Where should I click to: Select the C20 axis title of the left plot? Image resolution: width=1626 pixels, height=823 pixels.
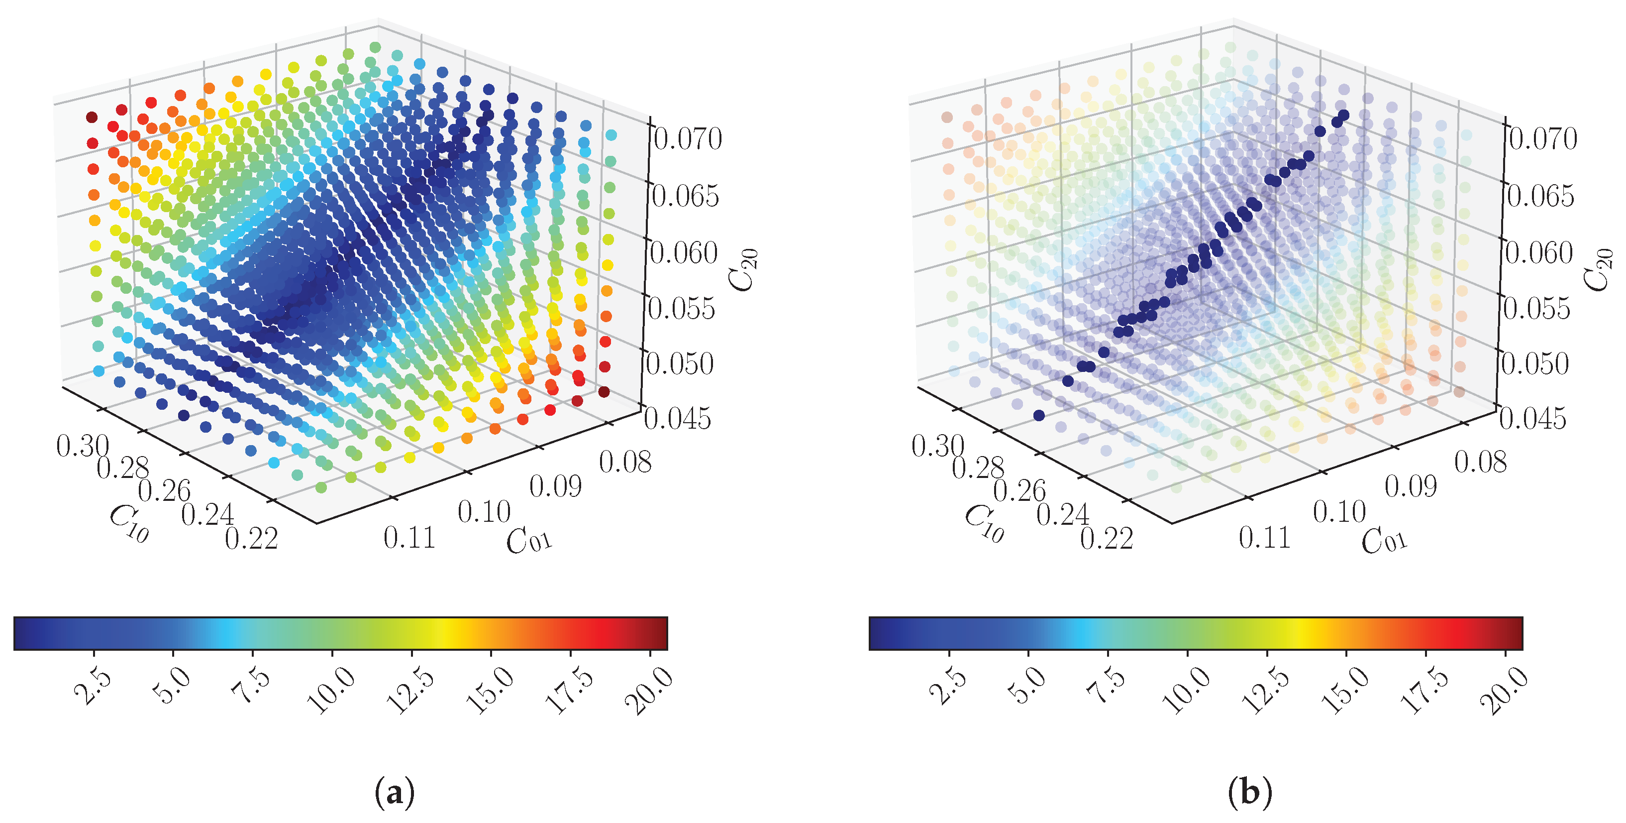pyautogui.click(x=743, y=270)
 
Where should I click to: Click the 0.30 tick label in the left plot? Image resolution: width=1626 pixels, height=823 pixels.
pyautogui.click(x=83, y=446)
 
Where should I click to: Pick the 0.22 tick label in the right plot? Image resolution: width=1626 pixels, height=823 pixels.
pyautogui.click(x=1107, y=538)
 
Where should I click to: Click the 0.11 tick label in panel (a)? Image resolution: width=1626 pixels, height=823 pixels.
pyautogui.click(x=409, y=538)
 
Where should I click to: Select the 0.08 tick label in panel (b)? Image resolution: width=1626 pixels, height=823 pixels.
pyautogui.click(x=1480, y=463)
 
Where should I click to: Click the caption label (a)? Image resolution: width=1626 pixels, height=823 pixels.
pyautogui.click(x=395, y=792)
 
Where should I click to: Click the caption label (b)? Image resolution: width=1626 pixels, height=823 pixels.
pyautogui.click(x=1250, y=792)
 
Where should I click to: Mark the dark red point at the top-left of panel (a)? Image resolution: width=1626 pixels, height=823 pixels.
pyautogui.click(x=92, y=118)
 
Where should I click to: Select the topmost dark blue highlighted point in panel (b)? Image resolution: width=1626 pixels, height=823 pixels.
pyautogui.click(x=1343, y=115)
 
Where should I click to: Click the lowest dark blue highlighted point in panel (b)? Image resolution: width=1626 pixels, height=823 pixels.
pyautogui.click(x=1039, y=415)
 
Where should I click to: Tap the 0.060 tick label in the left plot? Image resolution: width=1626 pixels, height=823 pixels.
pyautogui.click(x=684, y=252)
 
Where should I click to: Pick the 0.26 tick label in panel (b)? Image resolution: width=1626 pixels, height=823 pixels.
pyautogui.click(x=1019, y=491)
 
